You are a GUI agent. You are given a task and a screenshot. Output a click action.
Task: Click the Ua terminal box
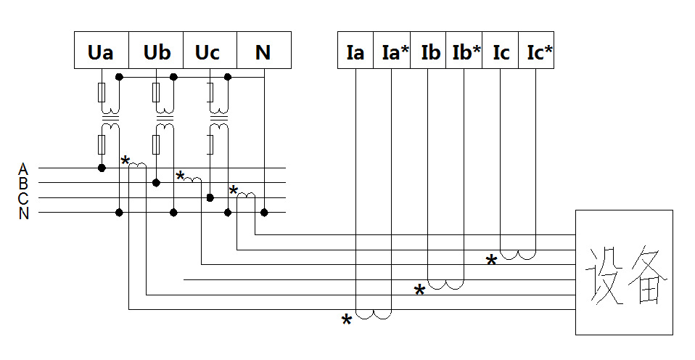[102, 50]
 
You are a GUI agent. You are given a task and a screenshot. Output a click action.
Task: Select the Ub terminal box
[156, 50]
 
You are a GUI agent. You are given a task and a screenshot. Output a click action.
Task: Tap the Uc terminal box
[210, 50]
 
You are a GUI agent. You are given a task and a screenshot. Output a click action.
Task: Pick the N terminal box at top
[264, 50]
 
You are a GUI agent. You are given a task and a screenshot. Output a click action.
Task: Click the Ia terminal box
[355, 50]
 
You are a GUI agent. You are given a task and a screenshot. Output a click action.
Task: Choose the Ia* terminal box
[392, 50]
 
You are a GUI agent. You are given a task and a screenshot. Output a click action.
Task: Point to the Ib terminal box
[428, 50]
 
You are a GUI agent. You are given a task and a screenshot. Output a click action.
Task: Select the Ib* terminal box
[464, 50]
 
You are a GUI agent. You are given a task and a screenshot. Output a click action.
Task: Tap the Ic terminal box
[501, 50]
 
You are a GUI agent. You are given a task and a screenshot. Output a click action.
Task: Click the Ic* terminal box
[536, 50]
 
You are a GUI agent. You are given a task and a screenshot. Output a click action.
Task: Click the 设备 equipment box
[624, 272]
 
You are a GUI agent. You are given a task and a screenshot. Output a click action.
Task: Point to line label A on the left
[23, 169]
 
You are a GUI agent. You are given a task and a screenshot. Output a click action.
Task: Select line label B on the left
[23, 183]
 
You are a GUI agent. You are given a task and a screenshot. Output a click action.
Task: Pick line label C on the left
[23, 198]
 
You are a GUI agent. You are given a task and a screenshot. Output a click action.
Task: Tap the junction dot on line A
[102, 168]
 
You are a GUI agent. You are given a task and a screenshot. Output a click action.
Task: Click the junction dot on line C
[210, 197]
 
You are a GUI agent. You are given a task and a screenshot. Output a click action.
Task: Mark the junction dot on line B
[156, 182]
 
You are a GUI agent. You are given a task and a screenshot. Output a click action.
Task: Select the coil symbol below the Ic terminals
[518, 255]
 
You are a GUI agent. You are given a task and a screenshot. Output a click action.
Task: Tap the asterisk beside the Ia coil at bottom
[346, 320]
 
